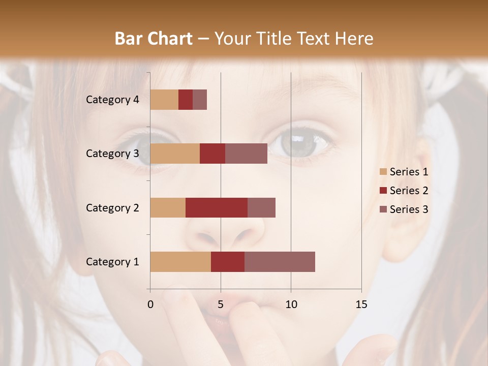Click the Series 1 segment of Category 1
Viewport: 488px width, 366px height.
point(180,261)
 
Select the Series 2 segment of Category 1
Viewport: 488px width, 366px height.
point(228,261)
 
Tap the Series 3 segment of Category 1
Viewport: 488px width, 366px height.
point(280,261)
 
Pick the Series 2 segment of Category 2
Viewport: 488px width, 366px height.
point(217,207)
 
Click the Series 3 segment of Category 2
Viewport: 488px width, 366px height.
point(261,207)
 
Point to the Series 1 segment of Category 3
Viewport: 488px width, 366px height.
point(175,154)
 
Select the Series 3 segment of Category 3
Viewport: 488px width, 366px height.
point(246,154)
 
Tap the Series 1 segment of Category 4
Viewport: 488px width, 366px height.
point(164,100)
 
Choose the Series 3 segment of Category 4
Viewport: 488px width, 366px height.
point(200,100)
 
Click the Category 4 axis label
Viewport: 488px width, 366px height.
point(112,100)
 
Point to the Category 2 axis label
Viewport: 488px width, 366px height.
point(112,207)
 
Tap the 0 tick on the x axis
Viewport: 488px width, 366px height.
point(150,304)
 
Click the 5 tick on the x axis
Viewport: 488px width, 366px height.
point(221,304)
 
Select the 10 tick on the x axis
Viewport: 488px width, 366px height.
point(291,304)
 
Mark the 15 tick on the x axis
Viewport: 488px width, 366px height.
point(361,304)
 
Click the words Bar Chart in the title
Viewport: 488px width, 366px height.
point(154,39)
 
